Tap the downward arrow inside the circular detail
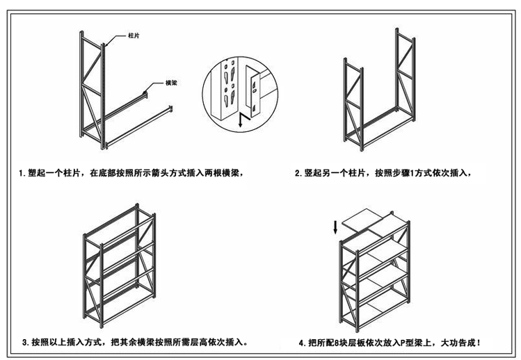[x=241, y=120]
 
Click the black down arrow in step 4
[x=337, y=227]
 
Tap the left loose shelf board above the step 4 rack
[x=362, y=222]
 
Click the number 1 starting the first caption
[x=22, y=173]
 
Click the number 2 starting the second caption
[x=298, y=173]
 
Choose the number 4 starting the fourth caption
[x=301, y=343]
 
